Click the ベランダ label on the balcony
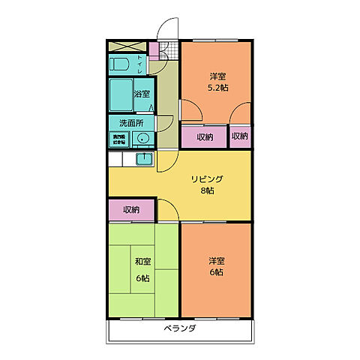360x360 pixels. point(179,328)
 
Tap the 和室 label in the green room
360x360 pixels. point(142,262)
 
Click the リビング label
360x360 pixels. point(207,178)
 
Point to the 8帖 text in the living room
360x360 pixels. point(207,191)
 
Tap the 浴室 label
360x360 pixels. point(142,94)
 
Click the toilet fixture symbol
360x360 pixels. point(122,64)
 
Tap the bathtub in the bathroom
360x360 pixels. point(121,94)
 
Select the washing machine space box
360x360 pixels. point(120,139)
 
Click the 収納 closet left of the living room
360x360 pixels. point(131,209)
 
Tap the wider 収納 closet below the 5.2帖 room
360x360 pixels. point(205,136)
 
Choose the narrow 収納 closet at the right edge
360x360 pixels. point(239,136)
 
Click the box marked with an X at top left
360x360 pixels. point(119,46)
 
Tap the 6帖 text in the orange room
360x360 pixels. point(217,272)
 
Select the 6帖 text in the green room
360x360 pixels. point(142,277)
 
